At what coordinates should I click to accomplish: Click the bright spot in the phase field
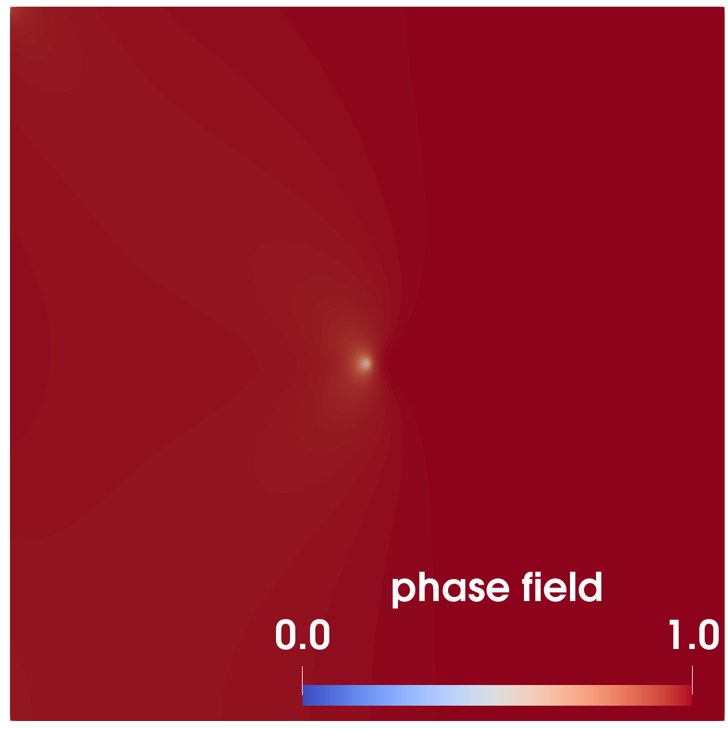(365, 363)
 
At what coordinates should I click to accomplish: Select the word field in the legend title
(562, 586)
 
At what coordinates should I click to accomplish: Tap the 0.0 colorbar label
(303, 634)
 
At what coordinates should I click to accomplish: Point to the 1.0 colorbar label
(694, 634)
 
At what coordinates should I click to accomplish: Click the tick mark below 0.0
(303, 680)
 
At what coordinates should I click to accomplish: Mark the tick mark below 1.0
(692, 680)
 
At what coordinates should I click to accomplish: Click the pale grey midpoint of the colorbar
(497, 695)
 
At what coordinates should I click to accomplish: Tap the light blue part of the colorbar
(400, 695)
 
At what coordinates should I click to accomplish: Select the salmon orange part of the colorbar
(605, 695)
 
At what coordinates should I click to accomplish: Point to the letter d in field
(591, 587)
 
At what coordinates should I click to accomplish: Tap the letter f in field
(527, 587)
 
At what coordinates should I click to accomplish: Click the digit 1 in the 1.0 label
(675, 634)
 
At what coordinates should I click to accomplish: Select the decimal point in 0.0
(303, 646)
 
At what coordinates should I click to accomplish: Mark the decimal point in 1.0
(692, 646)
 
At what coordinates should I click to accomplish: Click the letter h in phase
(429, 587)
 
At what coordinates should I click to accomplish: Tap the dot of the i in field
(538, 574)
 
